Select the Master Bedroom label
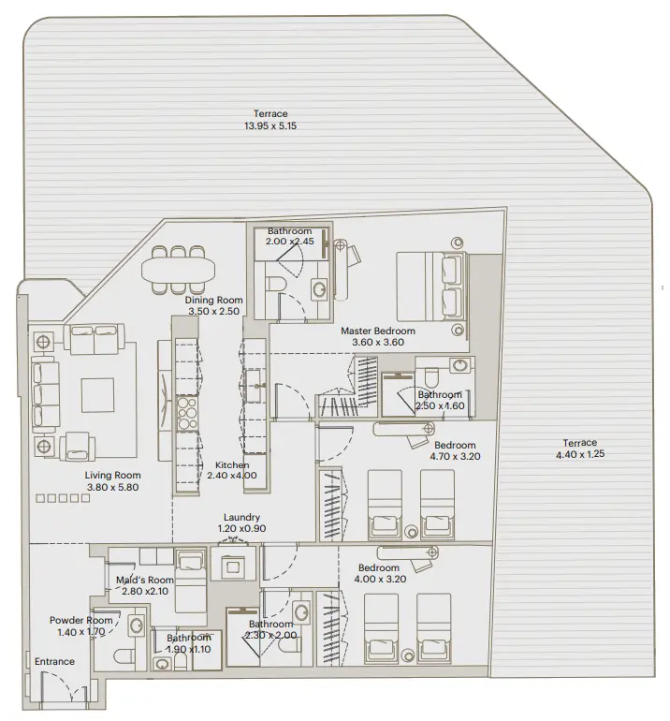377,331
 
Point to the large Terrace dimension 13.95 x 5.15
270,125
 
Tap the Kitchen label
231,464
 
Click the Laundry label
241,517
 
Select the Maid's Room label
145,580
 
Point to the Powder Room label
81,620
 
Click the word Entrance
54,662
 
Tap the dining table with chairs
178,268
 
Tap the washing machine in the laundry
231,566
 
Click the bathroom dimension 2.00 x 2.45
288,242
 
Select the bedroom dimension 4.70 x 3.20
454,458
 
